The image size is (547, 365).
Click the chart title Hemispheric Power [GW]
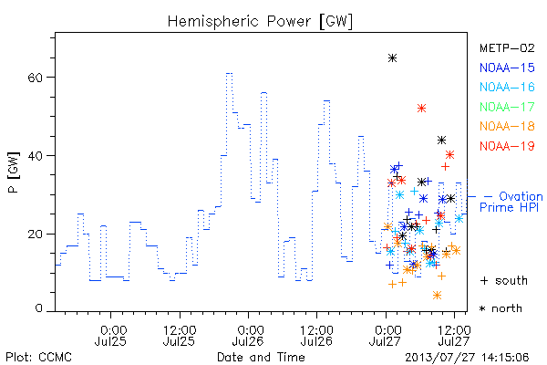(x=260, y=22)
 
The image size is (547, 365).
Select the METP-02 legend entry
(x=507, y=48)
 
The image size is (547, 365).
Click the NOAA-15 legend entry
(x=507, y=68)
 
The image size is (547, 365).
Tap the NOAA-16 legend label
(x=507, y=87)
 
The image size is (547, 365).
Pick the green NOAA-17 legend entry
(x=507, y=107)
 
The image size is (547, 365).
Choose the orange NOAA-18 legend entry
(x=507, y=126)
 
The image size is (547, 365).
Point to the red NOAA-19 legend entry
(x=507, y=146)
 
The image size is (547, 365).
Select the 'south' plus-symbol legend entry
(x=504, y=280)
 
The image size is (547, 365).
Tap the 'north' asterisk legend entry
(x=501, y=308)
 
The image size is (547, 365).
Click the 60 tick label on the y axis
(x=36, y=78)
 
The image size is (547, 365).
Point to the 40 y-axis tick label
(x=36, y=155)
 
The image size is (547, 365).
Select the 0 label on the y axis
(x=39, y=308)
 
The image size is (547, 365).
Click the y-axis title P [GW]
(x=14, y=172)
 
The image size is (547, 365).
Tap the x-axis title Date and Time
(x=261, y=357)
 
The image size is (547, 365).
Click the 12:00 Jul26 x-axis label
(x=316, y=335)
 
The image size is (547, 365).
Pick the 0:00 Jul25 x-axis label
(x=111, y=335)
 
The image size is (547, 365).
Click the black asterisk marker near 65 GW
(x=392, y=58)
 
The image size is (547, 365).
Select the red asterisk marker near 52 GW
(x=422, y=109)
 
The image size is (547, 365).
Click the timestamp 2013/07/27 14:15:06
(x=467, y=358)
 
